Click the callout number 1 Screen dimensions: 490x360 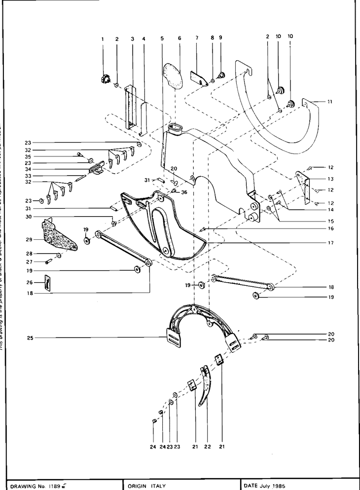point(103,38)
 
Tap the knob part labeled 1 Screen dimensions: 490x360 point(105,78)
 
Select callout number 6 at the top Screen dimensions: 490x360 point(180,38)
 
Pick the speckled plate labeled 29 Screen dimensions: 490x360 point(59,236)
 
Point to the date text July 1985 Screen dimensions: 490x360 point(273,486)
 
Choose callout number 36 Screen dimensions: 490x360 point(184,192)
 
